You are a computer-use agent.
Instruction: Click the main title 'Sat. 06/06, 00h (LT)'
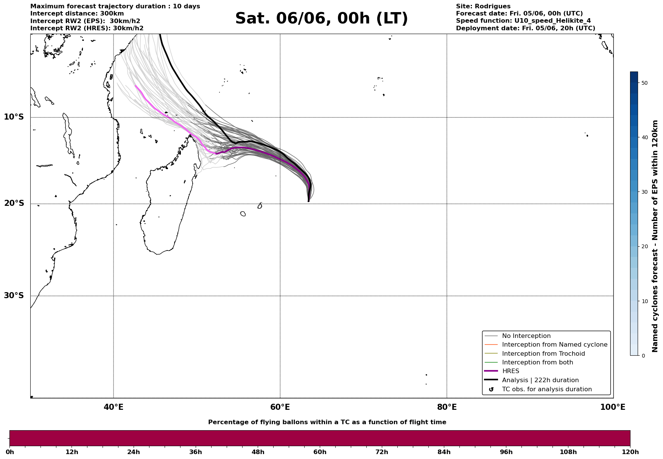coord(322,19)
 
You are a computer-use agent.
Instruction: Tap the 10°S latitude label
coord(14,117)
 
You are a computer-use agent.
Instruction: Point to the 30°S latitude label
coord(14,296)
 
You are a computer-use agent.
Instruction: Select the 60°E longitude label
coord(280,407)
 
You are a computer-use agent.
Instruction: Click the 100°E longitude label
coord(613,407)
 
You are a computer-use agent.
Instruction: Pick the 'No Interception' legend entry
coord(526,336)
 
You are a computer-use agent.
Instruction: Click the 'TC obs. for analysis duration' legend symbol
coord(491,389)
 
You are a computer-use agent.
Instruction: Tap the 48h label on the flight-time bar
coord(258,452)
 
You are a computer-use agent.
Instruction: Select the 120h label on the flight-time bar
coord(630,452)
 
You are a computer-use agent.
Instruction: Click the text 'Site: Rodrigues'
coord(483,6)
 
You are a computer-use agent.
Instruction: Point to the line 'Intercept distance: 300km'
coord(77,14)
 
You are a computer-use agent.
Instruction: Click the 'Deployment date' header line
coord(526,28)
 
